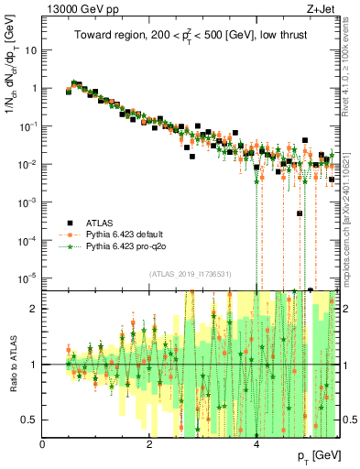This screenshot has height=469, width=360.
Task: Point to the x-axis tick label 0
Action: coord(43,443)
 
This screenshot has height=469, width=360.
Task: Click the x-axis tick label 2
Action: coord(149,443)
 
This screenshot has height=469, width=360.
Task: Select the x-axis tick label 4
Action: coord(256,443)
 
